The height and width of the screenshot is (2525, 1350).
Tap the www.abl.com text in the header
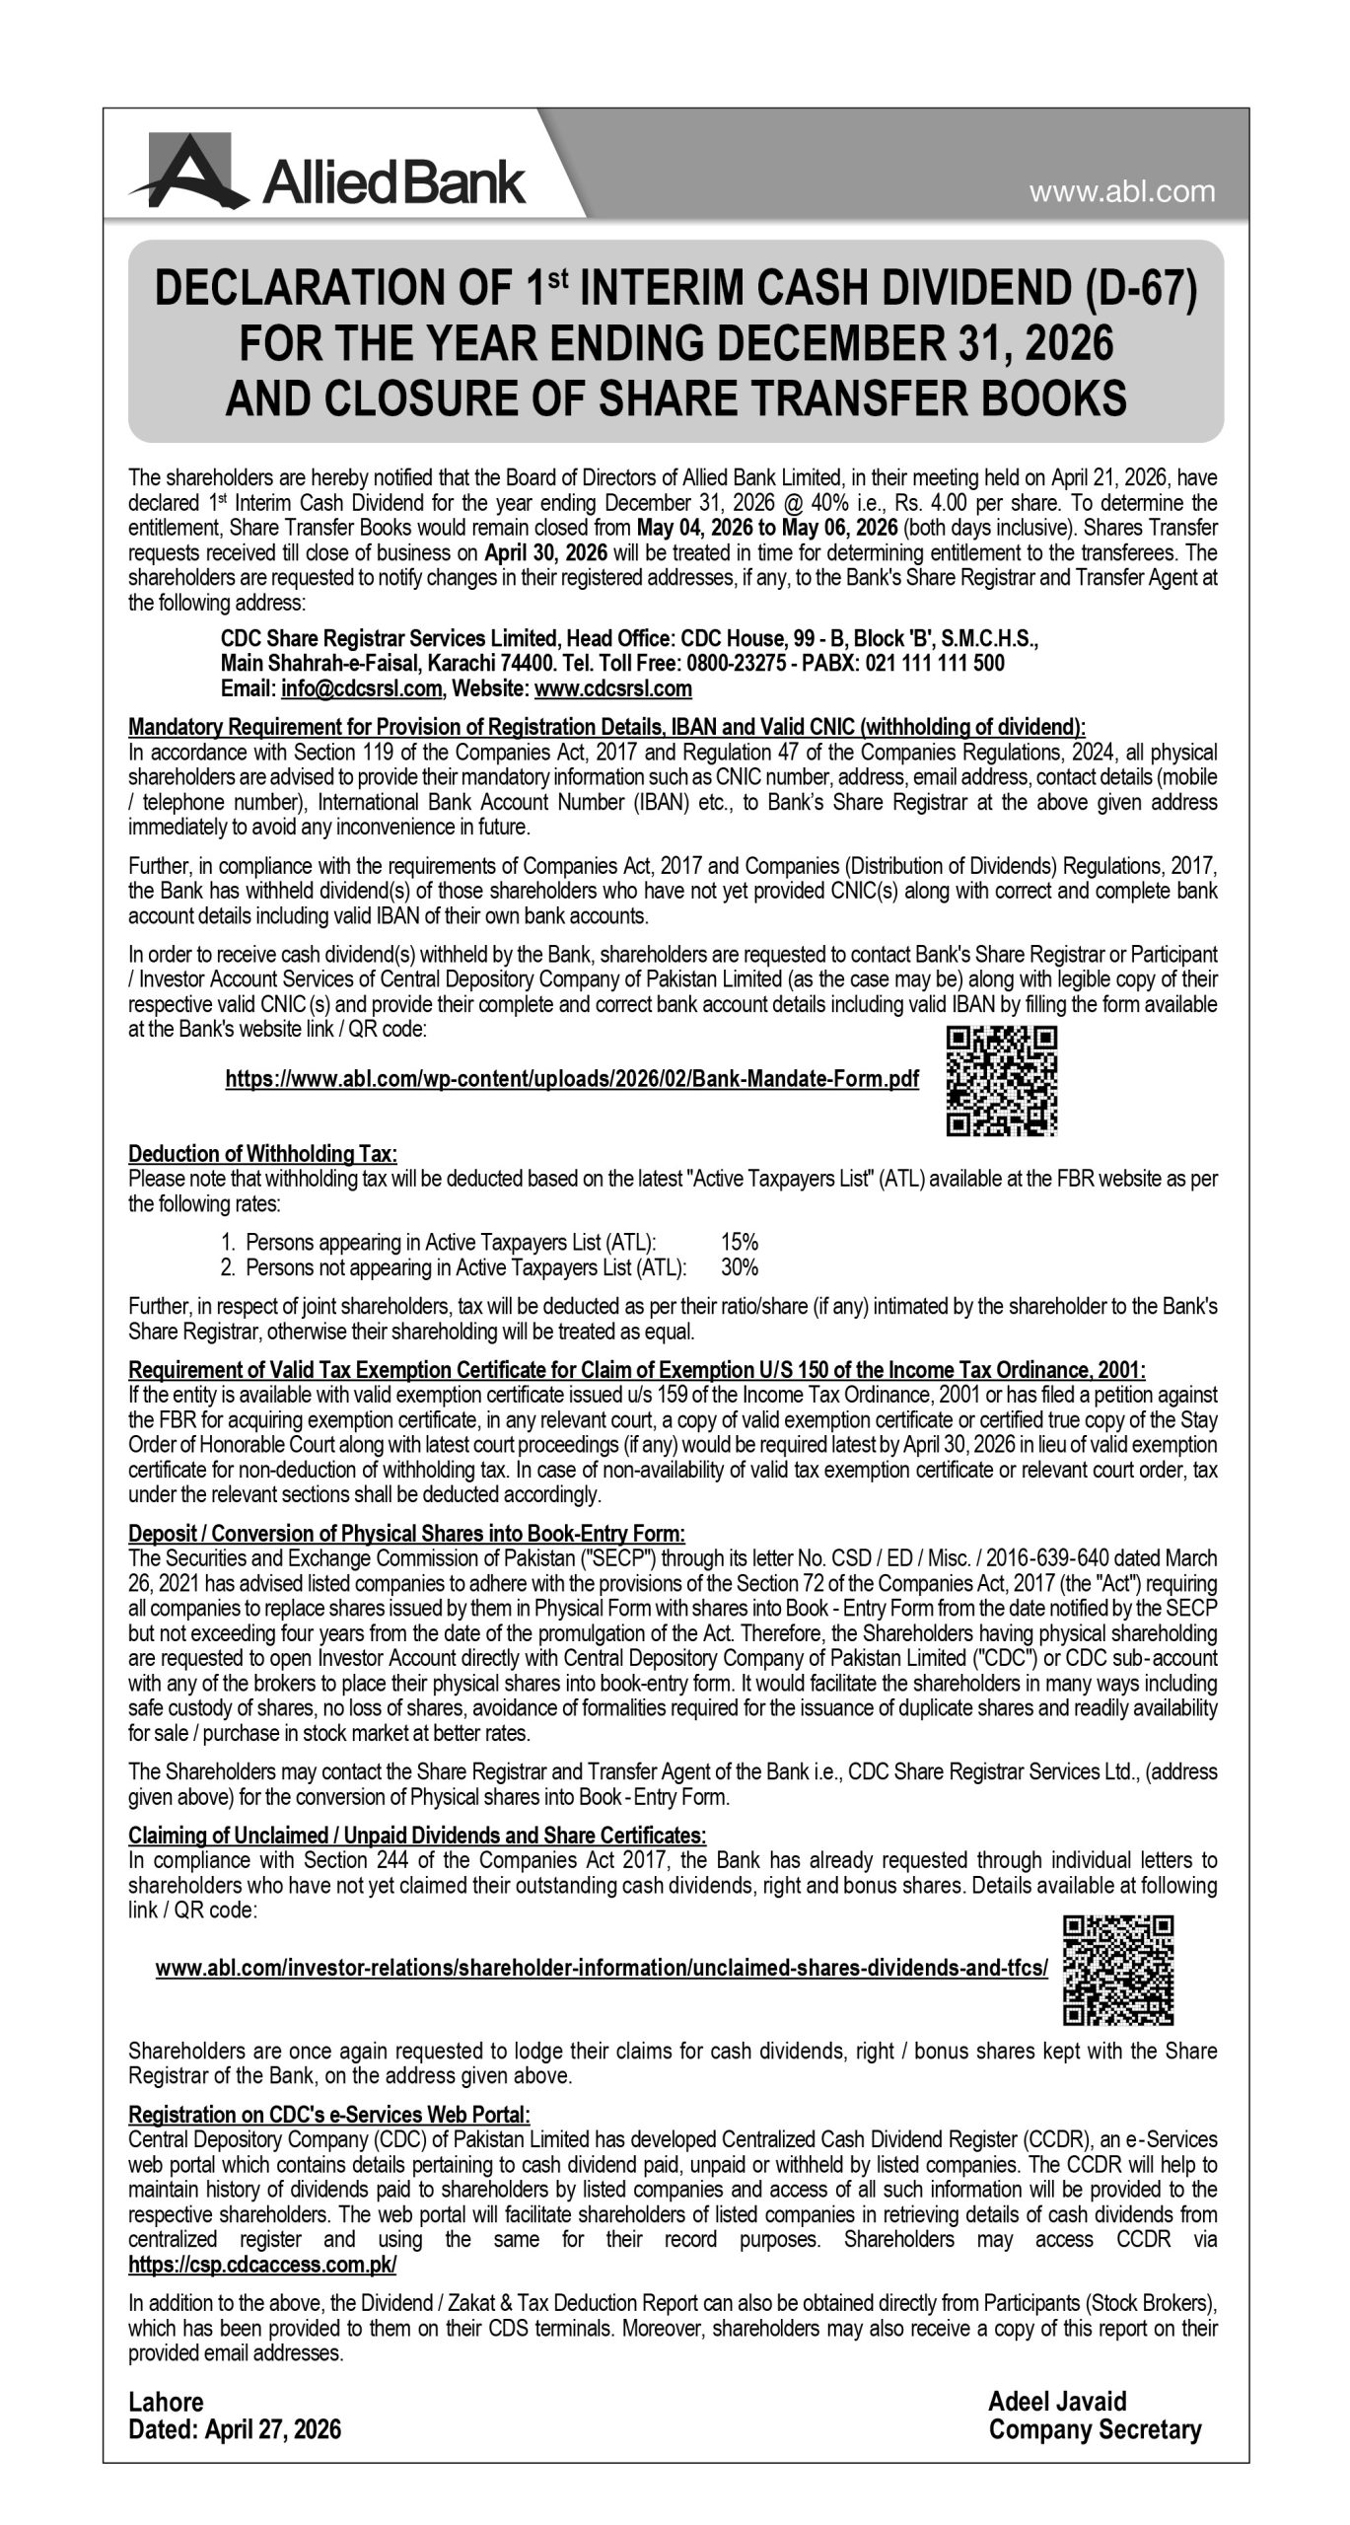coord(1122,192)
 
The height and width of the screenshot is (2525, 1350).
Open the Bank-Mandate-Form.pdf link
coord(572,1080)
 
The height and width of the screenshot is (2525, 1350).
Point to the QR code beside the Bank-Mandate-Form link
coord(1002,1081)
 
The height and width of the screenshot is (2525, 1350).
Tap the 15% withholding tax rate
coord(739,1242)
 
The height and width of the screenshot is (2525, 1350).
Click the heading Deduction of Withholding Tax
coord(262,1153)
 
